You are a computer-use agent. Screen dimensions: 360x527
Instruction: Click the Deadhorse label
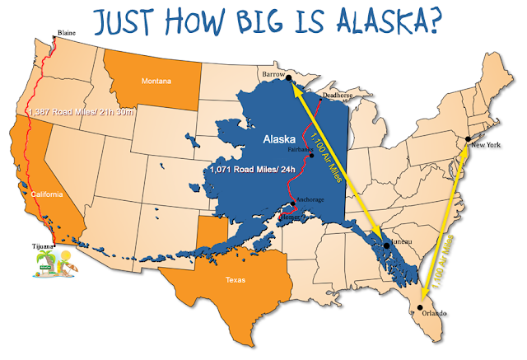337,95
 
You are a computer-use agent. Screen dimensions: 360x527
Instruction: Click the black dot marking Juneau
386,245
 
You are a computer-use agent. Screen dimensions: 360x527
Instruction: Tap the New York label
485,146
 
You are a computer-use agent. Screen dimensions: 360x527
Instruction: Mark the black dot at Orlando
420,306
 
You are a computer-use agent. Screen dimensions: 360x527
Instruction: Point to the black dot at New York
467,138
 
